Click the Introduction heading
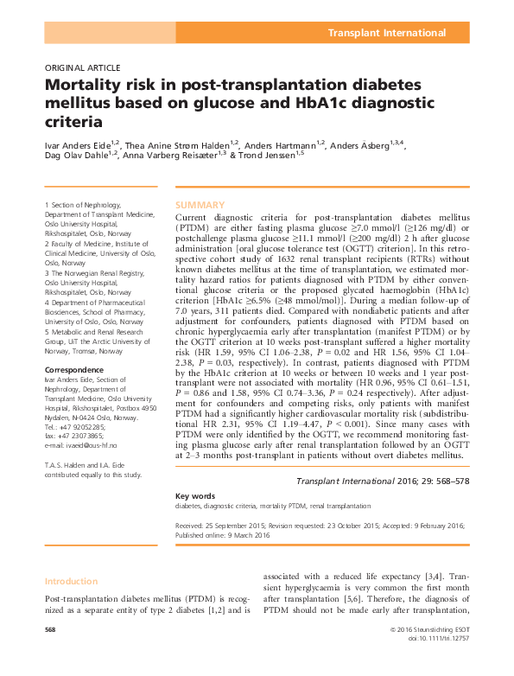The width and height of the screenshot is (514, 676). tap(72, 582)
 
